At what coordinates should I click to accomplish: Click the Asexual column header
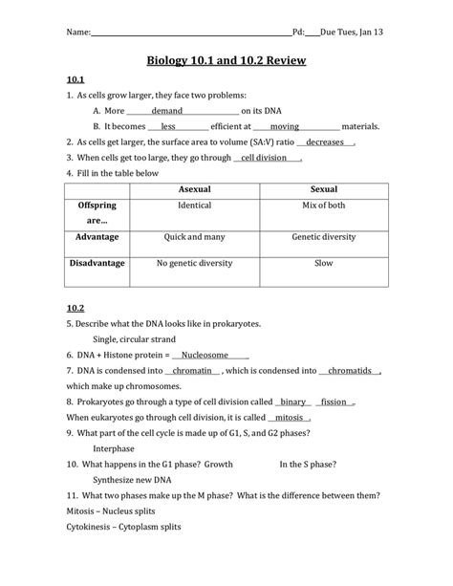[x=195, y=189]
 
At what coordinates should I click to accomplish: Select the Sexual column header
[x=324, y=189]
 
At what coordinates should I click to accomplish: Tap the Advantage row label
[x=96, y=236]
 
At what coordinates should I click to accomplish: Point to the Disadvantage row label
[x=96, y=262]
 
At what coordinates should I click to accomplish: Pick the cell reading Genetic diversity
[x=324, y=236]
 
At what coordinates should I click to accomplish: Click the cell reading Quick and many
[x=195, y=236]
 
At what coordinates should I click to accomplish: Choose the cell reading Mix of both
[x=324, y=206]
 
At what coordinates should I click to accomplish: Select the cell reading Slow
[x=324, y=262]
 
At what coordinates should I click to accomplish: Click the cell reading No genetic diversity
[x=195, y=262]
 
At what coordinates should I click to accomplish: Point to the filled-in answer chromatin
[x=193, y=371]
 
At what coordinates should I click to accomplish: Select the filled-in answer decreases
[x=325, y=141]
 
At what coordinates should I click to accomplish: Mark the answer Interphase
[x=114, y=447]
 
